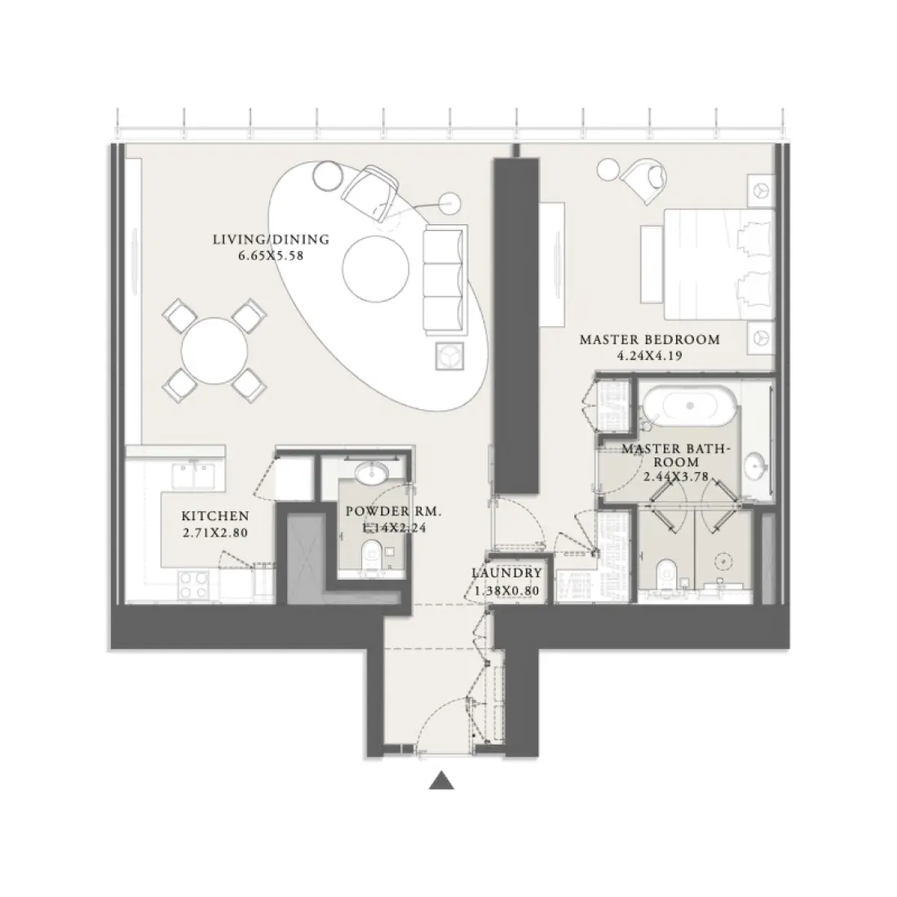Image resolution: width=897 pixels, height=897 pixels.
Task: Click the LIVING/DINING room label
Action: click(271, 239)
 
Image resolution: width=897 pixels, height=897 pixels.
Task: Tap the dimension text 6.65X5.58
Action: click(271, 254)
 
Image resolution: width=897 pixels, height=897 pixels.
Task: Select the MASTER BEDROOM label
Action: click(649, 339)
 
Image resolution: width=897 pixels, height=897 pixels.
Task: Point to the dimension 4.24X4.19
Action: click(649, 355)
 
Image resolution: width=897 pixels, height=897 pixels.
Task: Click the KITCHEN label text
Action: click(214, 515)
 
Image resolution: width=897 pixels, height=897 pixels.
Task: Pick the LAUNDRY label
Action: click(507, 573)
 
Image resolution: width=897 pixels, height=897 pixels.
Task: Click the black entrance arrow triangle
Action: click(441, 781)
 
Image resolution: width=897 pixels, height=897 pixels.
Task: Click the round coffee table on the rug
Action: click(376, 271)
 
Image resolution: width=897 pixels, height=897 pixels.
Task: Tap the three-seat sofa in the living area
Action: click(444, 279)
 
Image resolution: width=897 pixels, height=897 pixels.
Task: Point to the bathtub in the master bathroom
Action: click(691, 406)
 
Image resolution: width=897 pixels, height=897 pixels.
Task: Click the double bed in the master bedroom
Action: click(716, 263)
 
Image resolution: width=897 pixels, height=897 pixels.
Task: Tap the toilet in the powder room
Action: click(372, 555)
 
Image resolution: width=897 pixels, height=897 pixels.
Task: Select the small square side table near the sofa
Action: click(449, 354)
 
